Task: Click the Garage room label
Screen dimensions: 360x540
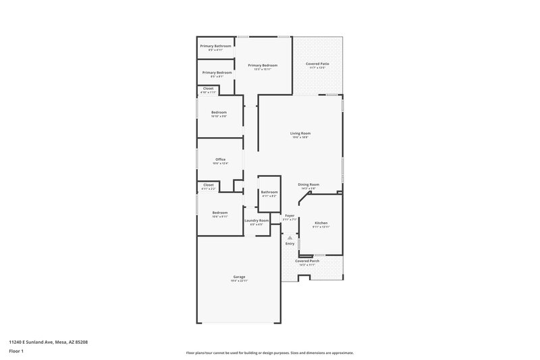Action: pos(240,277)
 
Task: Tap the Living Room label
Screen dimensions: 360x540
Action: pos(300,134)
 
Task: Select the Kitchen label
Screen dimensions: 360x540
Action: pos(321,223)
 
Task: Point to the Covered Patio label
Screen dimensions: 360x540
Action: pos(317,63)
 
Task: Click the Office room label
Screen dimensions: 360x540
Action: pos(221,159)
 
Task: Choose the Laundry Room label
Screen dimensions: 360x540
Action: pos(256,220)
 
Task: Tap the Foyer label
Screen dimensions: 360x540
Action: pos(290,215)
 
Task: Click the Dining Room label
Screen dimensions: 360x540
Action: pos(309,184)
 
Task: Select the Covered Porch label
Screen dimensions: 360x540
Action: pos(307,261)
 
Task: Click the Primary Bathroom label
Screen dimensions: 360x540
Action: pos(215,46)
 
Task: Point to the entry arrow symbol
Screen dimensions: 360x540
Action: pos(290,238)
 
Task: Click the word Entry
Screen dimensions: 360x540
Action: pos(290,244)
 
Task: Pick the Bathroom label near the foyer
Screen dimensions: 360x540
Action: pos(270,192)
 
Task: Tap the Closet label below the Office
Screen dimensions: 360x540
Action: pos(209,184)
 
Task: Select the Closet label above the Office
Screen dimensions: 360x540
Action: pos(209,88)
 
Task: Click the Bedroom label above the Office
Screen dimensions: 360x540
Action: pos(219,112)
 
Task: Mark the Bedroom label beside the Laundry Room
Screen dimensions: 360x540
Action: pos(220,213)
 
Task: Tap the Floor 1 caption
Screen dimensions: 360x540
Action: pos(16,351)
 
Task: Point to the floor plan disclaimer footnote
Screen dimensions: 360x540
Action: pos(270,353)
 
